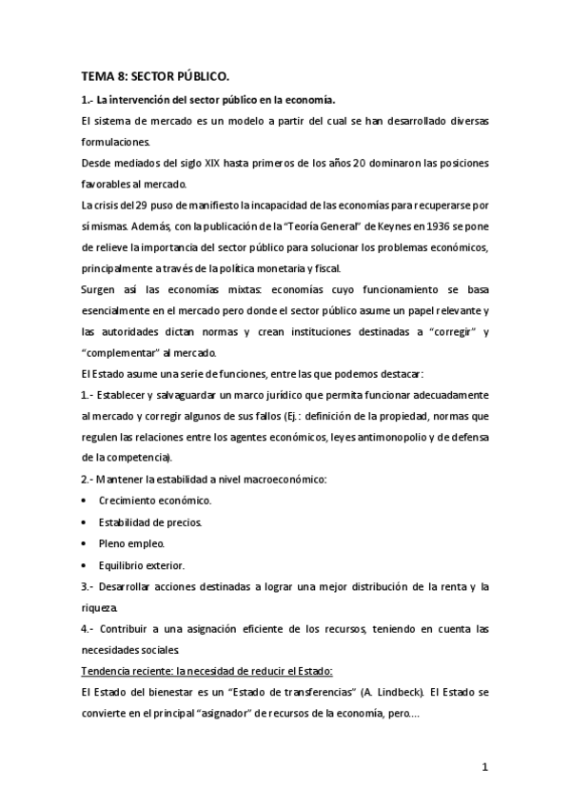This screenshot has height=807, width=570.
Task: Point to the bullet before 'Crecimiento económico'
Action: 87,501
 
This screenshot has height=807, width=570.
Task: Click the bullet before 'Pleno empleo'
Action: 87,543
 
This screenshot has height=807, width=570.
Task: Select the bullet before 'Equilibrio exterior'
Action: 87,565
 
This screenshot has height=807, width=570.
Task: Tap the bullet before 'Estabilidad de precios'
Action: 87,522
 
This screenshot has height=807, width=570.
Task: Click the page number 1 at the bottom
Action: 484,768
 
